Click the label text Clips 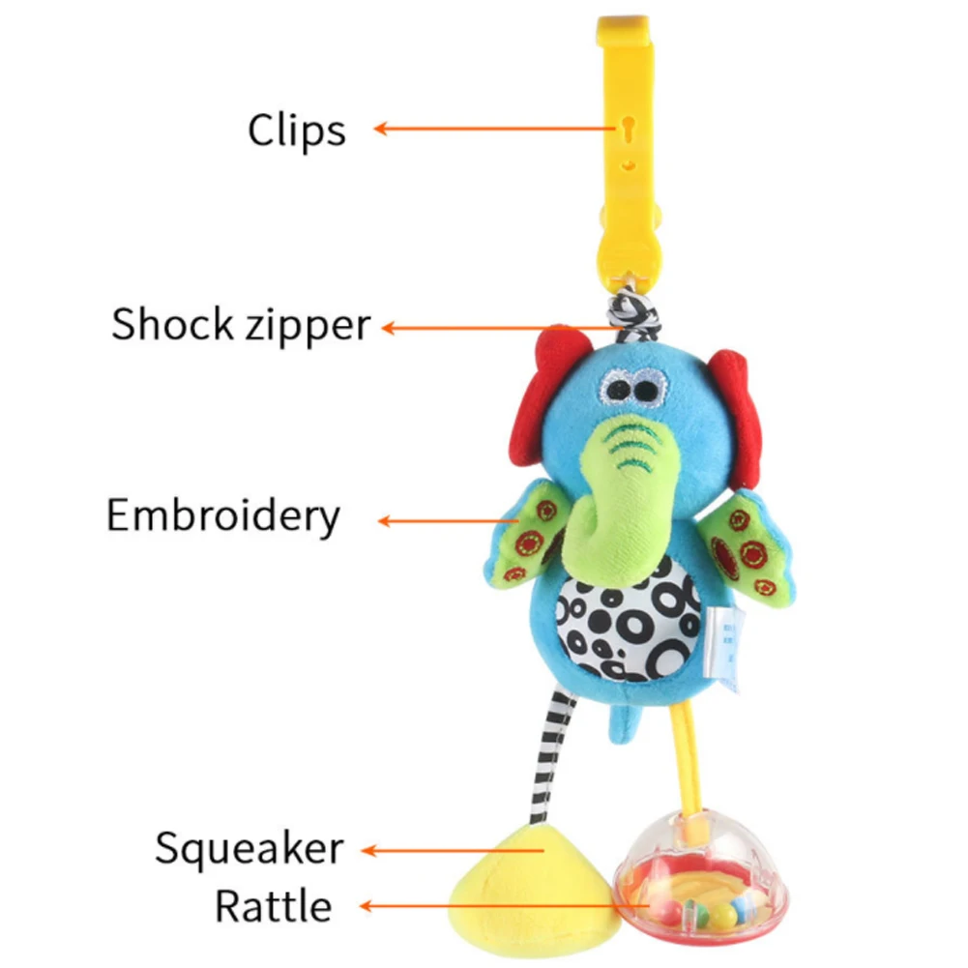pos(296,131)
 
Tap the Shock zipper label pos(241,325)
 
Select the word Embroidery pos(222,516)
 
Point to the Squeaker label pos(249,848)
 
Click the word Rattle pos(274,906)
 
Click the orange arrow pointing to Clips pos(495,129)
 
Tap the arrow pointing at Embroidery pos(448,521)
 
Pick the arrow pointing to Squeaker pos(453,851)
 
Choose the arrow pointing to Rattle pos(504,906)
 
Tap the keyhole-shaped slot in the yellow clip pos(629,130)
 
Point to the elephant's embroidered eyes pos(631,389)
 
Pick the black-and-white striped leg pos(551,756)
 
